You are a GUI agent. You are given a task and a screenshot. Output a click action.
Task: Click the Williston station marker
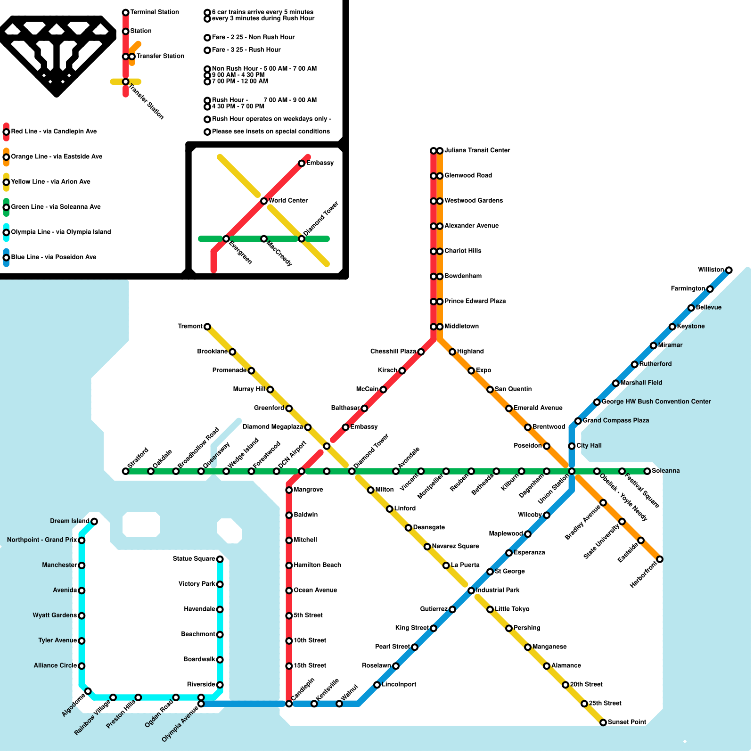point(729,270)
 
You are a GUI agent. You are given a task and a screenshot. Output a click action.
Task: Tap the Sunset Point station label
point(627,722)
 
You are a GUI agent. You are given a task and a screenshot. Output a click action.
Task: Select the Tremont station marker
point(207,327)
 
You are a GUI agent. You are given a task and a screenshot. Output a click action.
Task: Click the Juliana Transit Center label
point(477,150)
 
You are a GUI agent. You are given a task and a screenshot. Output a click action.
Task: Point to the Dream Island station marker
point(94,521)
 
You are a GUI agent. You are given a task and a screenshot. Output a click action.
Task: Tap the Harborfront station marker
point(660,559)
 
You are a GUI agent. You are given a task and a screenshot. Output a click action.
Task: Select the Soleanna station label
point(665,471)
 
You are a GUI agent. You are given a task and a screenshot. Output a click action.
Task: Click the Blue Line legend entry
point(53,257)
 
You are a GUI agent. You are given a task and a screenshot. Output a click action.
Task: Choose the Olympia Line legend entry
point(61,232)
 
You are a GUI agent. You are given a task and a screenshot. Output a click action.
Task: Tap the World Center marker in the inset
point(264,201)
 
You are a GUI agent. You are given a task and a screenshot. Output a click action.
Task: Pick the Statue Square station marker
point(220,559)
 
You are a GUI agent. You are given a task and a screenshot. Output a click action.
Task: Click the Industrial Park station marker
point(471,590)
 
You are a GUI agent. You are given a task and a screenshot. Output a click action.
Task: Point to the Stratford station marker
point(125,471)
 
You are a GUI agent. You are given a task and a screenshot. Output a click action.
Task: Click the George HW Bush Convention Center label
point(656,402)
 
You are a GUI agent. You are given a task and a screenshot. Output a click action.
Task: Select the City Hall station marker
point(572,446)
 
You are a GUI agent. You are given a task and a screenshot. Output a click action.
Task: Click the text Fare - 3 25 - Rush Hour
point(246,50)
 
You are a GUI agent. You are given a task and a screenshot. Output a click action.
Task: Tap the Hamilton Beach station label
point(317,565)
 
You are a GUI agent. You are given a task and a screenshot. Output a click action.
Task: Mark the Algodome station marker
point(88,691)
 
